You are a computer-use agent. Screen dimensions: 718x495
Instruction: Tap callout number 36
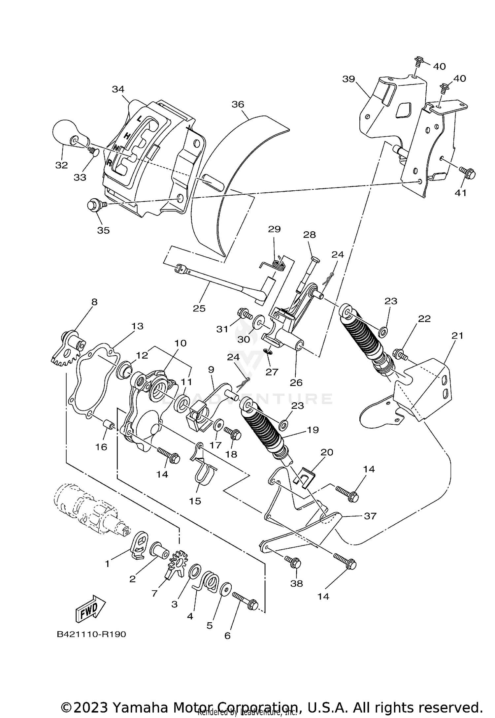(x=238, y=104)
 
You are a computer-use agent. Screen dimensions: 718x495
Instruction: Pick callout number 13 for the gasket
(x=137, y=326)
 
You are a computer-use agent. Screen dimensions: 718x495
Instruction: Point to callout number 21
(x=458, y=336)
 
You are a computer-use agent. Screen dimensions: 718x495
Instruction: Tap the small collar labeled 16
(x=109, y=426)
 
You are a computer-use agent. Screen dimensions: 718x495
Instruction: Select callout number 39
(x=348, y=79)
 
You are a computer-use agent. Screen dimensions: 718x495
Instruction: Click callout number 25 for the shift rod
(x=199, y=308)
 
